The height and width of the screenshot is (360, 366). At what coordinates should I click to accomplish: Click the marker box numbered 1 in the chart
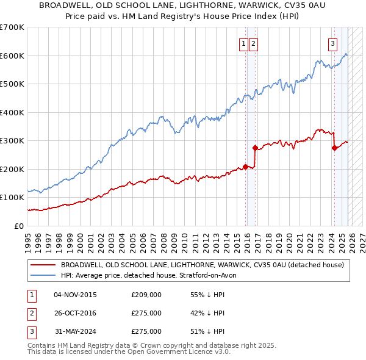pyautogui.click(x=243, y=43)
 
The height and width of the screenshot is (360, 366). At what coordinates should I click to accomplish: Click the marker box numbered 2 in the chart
pyautogui.click(x=253, y=43)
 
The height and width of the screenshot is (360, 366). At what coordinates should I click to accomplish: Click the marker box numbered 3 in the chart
pyautogui.click(x=332, y=43)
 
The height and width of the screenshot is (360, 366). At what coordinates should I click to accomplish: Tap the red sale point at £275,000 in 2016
pyautogui.click(x=255, y=148)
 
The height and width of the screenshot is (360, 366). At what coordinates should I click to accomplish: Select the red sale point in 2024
pyautogui.click(x=334, y=148)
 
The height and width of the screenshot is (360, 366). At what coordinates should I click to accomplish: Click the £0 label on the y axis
pyautogui.click(x=18, y=226)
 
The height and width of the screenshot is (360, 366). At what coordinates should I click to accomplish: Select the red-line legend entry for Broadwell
pyautogui.click(x=202, y=265)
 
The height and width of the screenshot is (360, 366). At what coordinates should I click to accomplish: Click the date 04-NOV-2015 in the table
pyautogui.click(x=75, y=295)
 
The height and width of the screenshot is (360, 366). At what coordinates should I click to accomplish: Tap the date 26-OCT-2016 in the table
pyautogui.click(x=75, y=313)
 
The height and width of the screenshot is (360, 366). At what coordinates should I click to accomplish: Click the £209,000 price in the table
pyautogui.click(x=146, y=295)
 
